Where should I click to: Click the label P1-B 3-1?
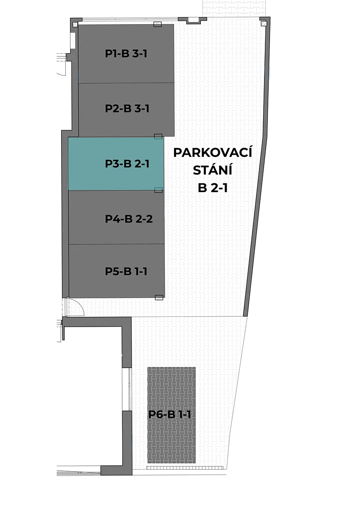point(126,53)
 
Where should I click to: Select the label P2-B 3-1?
point(127,109)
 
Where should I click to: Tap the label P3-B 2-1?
point(127,164)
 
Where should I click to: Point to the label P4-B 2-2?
point(129,219)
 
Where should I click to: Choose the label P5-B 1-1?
point(126,271)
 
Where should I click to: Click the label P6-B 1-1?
point(169,414)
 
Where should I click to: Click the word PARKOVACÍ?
point(213,152)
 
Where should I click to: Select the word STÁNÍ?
point(212,170)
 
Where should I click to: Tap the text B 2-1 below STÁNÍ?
point(213,188)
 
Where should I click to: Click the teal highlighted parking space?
point(116,164)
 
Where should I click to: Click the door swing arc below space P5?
point(79,306)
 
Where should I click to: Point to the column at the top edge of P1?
point(157,24)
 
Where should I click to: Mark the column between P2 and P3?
point(158,136)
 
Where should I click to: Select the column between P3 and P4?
point(158,190)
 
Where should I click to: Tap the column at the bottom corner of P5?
point(159,297)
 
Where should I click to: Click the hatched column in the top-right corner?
point(263,23)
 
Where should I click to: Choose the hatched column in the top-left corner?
point(75,24)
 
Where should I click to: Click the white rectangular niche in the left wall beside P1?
point(73,40)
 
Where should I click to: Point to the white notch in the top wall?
point(193,20)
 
